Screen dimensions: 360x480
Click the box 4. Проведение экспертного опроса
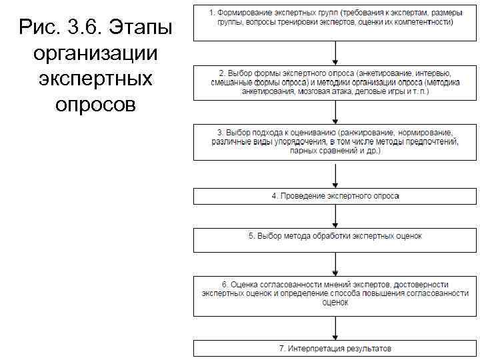pyautogui.click(x=335, y=197)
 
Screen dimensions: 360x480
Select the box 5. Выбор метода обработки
pyautogui.click(x=335, y=238)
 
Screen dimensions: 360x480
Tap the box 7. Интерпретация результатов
pyautogui.click(x=335, y=348)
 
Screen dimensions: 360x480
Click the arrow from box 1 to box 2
pyautogui.click(x=335, y=53)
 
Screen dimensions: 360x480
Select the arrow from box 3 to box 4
pyautogui.click(x=335, y=174)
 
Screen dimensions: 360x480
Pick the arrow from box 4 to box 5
pyautogui.click(x=335, y=216)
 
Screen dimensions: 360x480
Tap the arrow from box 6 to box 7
pyautogui.click(x=335, y=328)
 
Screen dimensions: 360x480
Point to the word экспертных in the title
pyautogui.click(x=96, y=78)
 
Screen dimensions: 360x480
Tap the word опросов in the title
pyautogui.click(x=96, y=104)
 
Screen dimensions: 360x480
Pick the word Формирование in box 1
pyautogui.click(x=243, y=13)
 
